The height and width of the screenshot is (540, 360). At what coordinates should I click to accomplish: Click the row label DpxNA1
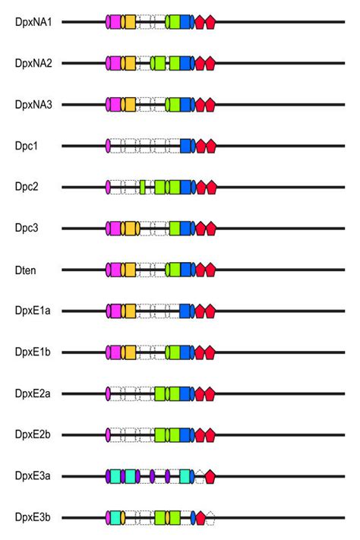[x=33, y=22]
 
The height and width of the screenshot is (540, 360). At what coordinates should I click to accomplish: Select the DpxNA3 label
[x=33, y=104]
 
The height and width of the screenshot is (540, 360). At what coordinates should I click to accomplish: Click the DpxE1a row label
[x=33, y=311]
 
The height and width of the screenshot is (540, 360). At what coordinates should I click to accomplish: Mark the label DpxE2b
[x=33, y=434]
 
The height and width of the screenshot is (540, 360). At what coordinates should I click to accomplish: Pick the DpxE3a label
[x=33, y=476]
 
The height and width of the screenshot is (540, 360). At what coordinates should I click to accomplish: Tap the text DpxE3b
[x=33, y=517]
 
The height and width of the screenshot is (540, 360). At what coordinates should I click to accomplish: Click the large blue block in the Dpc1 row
[x=185, y=146]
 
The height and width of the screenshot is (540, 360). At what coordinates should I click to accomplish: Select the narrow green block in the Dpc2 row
[x=143, y=187]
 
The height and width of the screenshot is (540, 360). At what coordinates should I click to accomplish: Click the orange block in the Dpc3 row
[x=130, y=228]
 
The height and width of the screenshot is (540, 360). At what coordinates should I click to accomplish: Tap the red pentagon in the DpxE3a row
[x=210, y=476]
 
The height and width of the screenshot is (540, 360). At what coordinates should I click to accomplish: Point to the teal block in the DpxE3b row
[x=116, y=517]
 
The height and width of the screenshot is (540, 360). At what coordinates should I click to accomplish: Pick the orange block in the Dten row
[x=130, y=269]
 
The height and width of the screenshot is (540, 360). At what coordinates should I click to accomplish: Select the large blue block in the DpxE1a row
[x=185, y=311]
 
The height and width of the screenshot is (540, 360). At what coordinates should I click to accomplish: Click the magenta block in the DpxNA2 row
[x=116, y=63]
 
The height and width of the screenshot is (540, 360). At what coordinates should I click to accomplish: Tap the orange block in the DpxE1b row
[x=130, y=352]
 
